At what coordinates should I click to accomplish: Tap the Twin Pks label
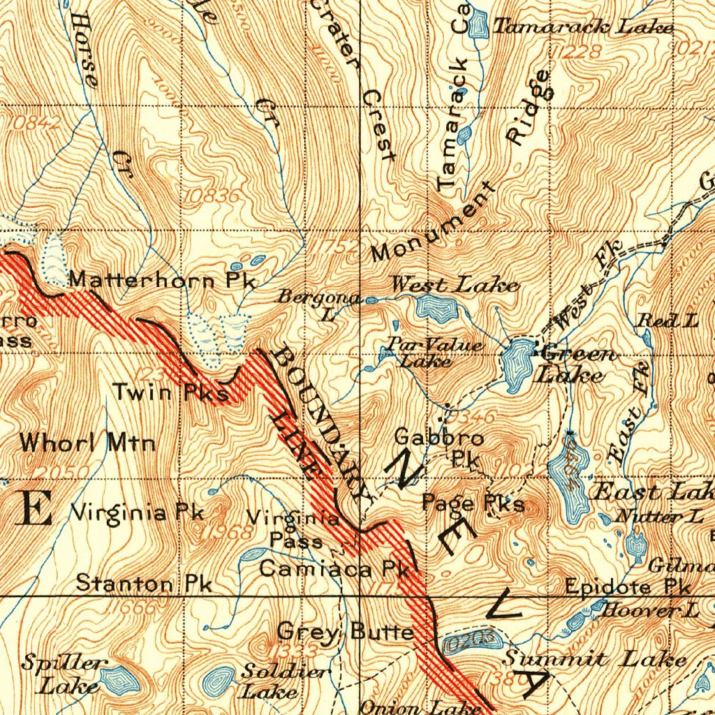click(171, 393)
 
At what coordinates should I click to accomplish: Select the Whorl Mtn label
click(87, 443)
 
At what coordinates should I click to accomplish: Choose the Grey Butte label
click(345, 633)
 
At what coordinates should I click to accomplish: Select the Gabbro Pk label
click(439, 448)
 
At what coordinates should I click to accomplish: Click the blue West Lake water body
click(437, 309)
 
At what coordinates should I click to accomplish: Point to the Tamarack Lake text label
click(584, 27)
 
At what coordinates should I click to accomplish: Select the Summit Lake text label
click(595, 658)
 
